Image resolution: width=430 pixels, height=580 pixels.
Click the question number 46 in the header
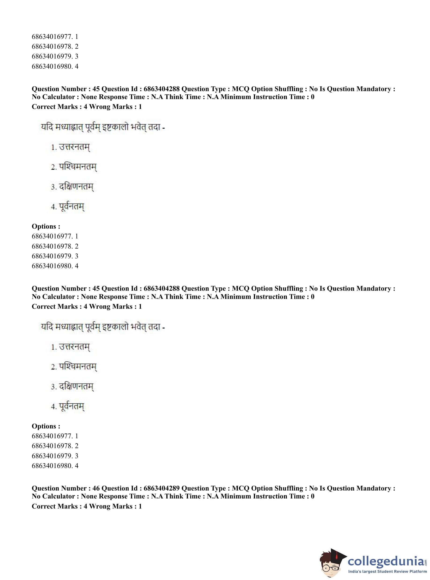pyautogui.click(x=96, y=488)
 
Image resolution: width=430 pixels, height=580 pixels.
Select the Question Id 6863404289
pyautogui.click(x=161, y=488)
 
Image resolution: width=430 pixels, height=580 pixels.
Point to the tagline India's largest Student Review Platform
pyautogui.click(x=388, y=571)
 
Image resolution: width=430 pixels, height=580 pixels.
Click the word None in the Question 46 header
pyautogui.click(x=89, y=496)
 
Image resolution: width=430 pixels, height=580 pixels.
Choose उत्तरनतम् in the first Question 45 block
pyautogui.click(x=74, y=147)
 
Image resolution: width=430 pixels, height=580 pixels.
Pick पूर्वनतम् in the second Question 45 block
pyautogui.click(x=72, y=406)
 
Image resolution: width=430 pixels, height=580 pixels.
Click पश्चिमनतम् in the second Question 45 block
pyautogui.click(x=78, y=367)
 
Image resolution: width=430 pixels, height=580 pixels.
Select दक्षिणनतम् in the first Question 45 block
pyautogui.click(x=76, y=187)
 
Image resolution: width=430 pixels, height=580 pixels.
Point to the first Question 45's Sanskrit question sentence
pyautogui.click(x=103, y=128)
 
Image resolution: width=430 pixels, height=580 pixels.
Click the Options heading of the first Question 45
pyautogui.click(x=46, y=227)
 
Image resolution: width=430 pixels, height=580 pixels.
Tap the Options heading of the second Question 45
pyautogui.click(x=46, y=426)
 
